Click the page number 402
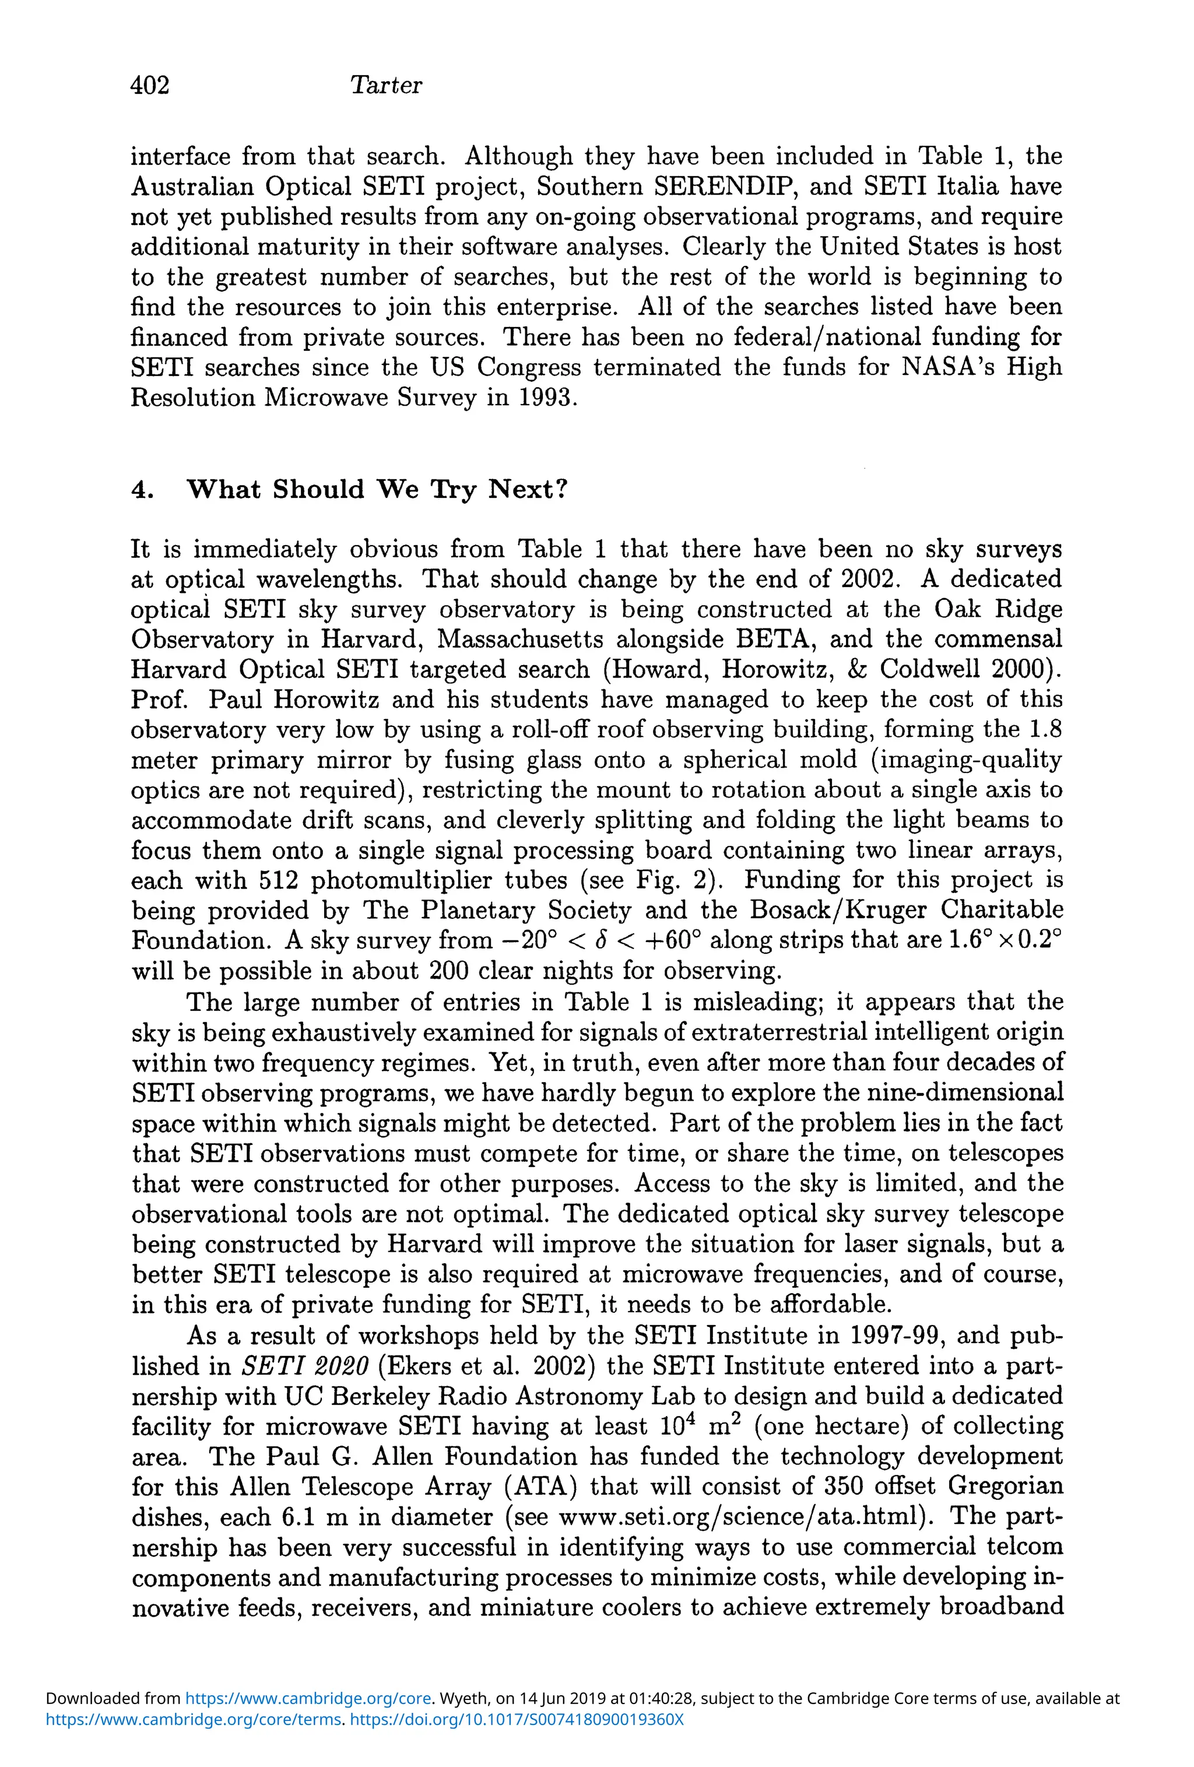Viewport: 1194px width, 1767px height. (150, 85)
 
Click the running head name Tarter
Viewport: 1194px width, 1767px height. (385, 85)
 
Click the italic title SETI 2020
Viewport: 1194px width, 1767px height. (305, 1366)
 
